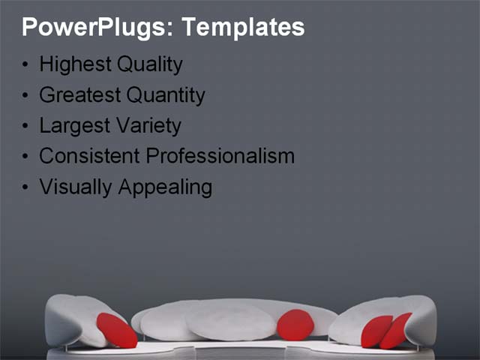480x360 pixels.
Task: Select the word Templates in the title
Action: click(x=243, y=28)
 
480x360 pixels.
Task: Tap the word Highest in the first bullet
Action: click(x=74, y=65)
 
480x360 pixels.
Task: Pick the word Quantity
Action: click(x=165, y=96)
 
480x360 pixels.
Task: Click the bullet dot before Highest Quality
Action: click(x=26, y=66)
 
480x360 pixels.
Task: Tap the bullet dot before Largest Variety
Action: click(x=26, y=127)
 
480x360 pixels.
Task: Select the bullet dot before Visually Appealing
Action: click(x=26, y=187)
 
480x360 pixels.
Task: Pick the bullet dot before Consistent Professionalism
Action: click(x=26, y=157)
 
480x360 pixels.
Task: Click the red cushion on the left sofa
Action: click(x=117, y=331)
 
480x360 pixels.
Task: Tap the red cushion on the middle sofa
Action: click(x=295, y=325)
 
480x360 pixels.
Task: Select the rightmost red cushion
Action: click(x=396, y=331)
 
